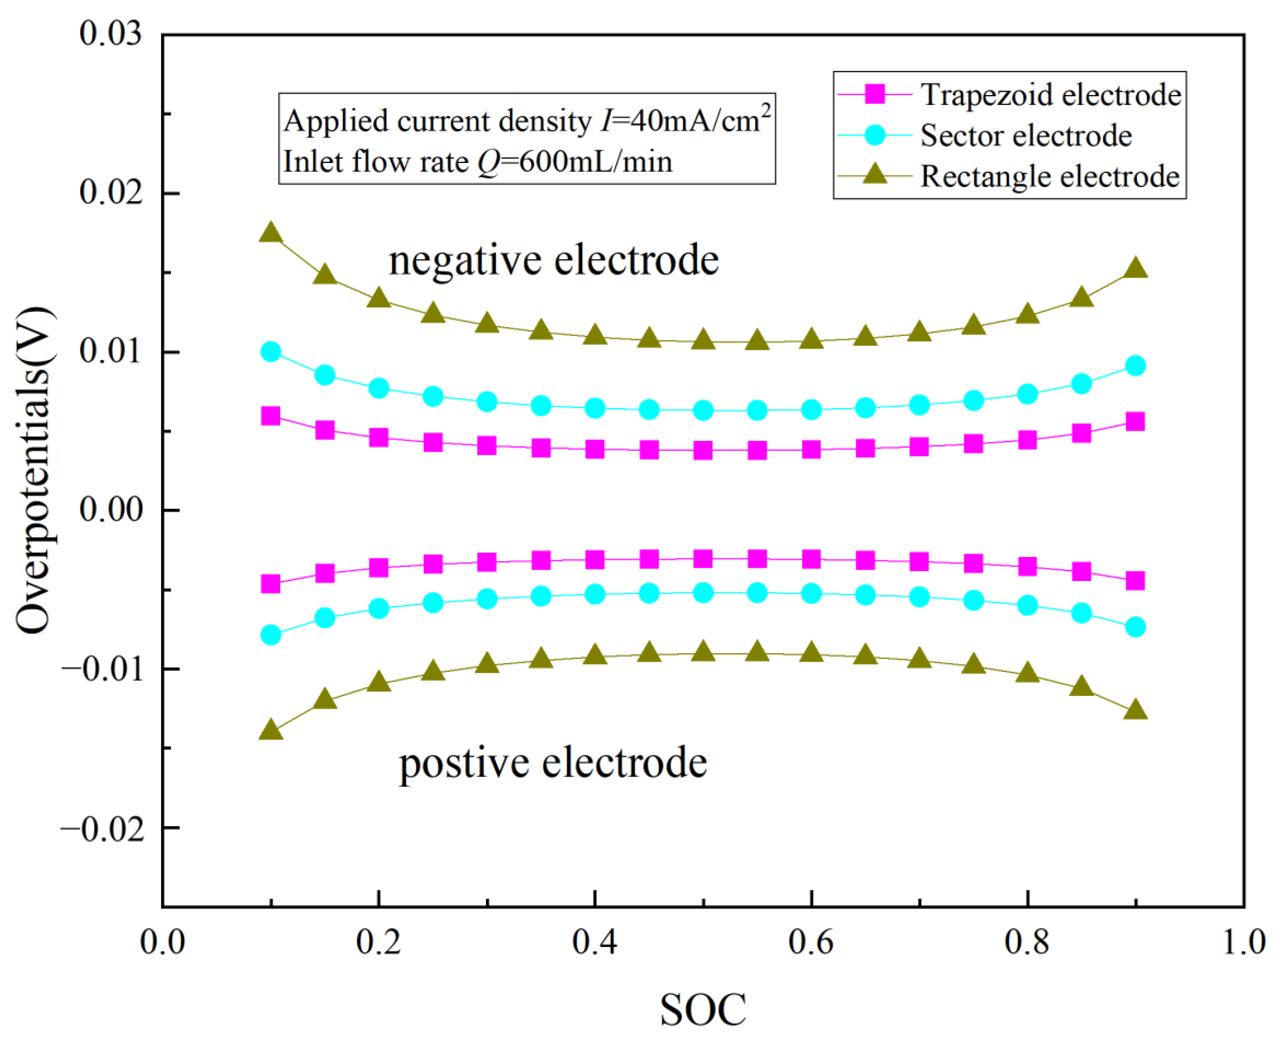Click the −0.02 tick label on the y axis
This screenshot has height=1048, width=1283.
[103, 828]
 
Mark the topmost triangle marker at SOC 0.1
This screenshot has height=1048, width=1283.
[271, 233]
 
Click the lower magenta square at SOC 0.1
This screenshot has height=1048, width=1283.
[271, 584]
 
